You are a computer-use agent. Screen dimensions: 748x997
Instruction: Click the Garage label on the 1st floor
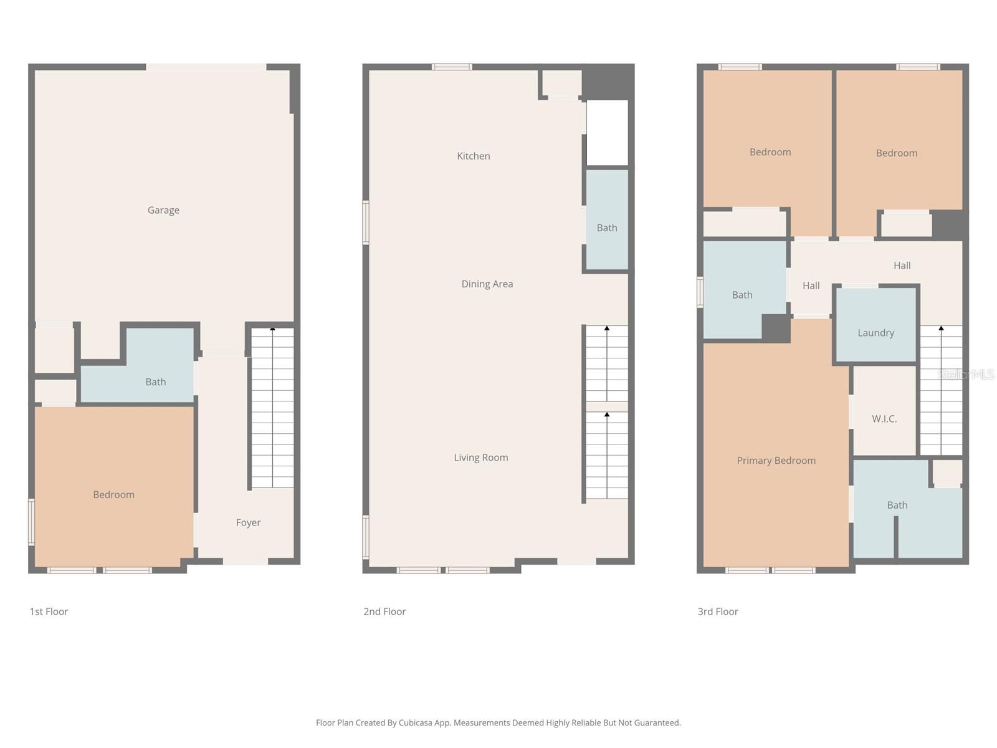point(163,211)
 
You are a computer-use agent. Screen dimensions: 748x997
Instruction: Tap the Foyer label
point(248,523)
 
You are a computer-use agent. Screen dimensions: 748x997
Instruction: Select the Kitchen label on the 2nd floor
point(474,156)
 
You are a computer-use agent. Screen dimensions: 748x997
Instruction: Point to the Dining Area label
point(487,284)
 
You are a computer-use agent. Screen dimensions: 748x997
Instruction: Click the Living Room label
point(480,458)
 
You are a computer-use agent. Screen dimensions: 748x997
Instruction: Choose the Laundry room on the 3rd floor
point(875,333)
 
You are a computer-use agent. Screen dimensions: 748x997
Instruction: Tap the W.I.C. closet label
point(884,419)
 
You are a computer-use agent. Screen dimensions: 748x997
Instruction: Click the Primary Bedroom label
point(776,461)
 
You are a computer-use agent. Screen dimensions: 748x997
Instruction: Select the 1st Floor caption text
point(49,611)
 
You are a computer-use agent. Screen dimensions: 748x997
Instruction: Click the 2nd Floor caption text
point(384,611)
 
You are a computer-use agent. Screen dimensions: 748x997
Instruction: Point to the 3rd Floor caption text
point(718,611)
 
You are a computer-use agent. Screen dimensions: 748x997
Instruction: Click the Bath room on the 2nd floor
point(607,228)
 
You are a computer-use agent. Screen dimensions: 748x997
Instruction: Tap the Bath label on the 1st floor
point(156,382)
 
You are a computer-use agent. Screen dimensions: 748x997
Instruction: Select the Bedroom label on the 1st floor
point(113,495)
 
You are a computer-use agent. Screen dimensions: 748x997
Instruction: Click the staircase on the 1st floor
point(272,408)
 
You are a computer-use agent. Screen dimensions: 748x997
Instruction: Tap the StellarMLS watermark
point(966,374)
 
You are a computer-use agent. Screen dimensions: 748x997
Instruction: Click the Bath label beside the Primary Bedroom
point(897,506)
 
